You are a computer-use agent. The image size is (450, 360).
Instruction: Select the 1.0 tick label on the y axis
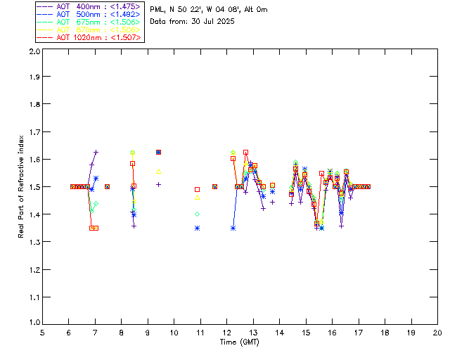pos(33,323)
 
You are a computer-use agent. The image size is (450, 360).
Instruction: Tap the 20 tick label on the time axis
pos(437,333)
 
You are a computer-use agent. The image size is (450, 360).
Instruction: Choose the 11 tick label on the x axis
pos(200,333)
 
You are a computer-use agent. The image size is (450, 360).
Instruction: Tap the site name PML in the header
pos(157,10)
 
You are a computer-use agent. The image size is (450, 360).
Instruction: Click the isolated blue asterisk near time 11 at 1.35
pos(198,228)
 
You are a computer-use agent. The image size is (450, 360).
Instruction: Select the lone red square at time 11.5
pos(214,186)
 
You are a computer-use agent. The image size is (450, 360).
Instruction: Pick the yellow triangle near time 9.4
pos(159,172)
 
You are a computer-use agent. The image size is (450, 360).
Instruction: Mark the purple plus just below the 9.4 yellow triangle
pos(159,184)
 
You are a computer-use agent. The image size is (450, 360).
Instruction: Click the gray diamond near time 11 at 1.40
pos(198,214)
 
